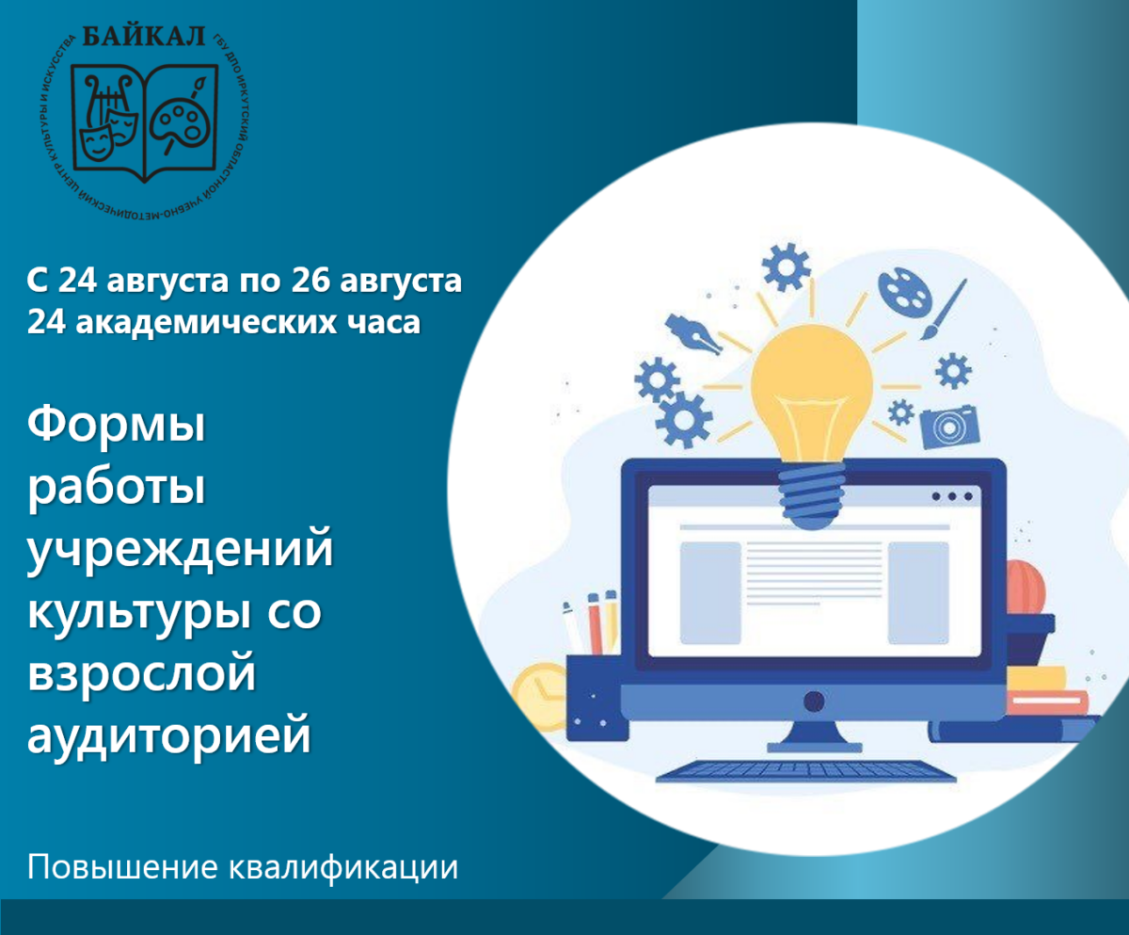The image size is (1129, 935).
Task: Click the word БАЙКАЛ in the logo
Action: [144, 37]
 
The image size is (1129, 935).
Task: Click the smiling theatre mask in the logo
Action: [97, 143]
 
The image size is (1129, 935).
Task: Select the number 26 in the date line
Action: [310, 281]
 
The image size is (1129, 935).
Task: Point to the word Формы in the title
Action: [117, 424]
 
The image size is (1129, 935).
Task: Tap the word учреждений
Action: [180, 549]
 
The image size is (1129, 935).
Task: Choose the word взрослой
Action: [142, 673]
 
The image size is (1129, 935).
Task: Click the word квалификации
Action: [343, 867]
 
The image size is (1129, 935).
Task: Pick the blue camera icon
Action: [950, 427]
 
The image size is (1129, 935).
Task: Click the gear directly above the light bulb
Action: [786, 266]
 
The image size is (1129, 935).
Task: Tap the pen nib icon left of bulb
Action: [693, 333]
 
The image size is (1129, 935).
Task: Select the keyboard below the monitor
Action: [806, 771]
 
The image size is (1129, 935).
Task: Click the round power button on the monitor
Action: [814, 701]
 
